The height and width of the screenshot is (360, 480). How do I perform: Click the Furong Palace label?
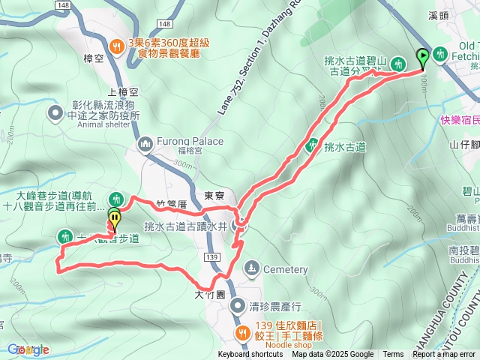point(190,141)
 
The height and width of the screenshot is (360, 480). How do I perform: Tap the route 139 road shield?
point(212,257)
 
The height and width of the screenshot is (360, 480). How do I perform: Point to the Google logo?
point(28,349)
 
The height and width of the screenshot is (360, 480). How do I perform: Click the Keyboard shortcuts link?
point(251,355)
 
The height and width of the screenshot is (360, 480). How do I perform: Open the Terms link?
point(393,355)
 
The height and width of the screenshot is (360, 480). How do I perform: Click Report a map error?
point(444,355)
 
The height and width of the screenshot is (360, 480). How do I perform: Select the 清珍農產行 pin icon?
point(238,305)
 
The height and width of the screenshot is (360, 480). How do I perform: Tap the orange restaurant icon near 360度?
point(116,46)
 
